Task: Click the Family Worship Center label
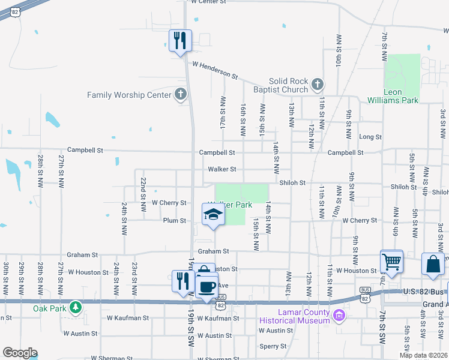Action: click(129, 95)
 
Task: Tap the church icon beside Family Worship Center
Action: click(179, 94)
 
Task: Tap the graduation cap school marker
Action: click(212, 215)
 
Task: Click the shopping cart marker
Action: click(391, 262)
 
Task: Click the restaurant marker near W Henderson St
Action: click(180, 41)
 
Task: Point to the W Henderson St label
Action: click(215, 70)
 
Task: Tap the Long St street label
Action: click(370, 137)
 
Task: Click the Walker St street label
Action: click(222, 169)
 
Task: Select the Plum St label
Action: click(175, 221)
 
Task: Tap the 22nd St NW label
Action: click(143, 194)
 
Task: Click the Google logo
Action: click(20, 353)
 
